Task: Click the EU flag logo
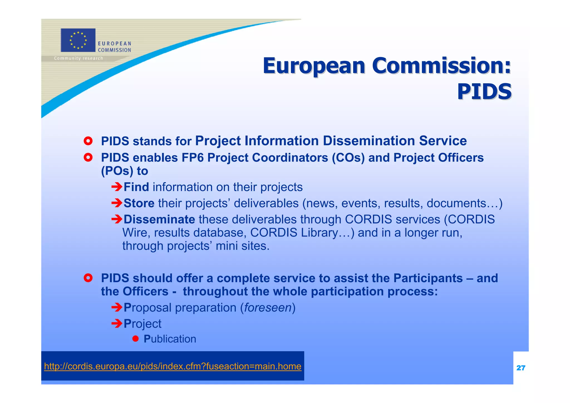pos(78,40)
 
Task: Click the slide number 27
pos(520,368)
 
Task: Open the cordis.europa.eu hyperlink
pos(173,366)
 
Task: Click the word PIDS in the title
pos(484,92)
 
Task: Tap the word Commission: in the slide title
pos(441,66)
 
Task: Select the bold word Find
pos(136,187)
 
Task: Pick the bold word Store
pos(139,203)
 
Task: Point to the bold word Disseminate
pos(159,219)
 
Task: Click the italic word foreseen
pos(267,308)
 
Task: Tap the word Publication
pos(170,339)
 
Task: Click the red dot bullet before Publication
pos(136,339)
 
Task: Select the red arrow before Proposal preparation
pos(117,307)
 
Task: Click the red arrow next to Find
pos(117,187)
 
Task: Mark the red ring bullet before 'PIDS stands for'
pos(88,141)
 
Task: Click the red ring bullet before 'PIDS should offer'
pos(88,278)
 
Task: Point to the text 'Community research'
pos(78,58)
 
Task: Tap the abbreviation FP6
pos(192,158)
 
